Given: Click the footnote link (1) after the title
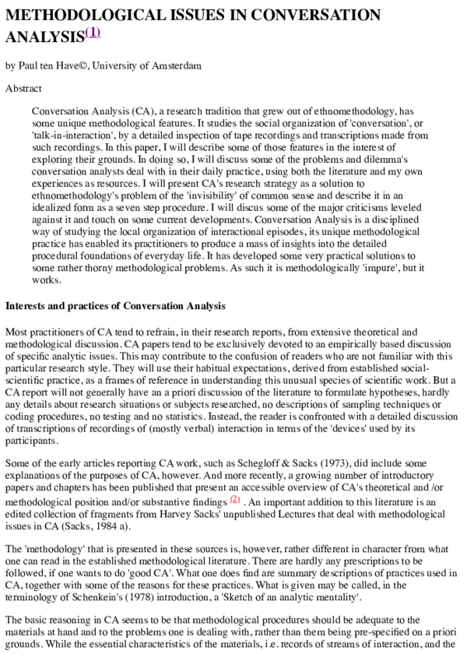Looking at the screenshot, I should [93, 33].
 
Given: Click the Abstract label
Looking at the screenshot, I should [23, 89].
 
